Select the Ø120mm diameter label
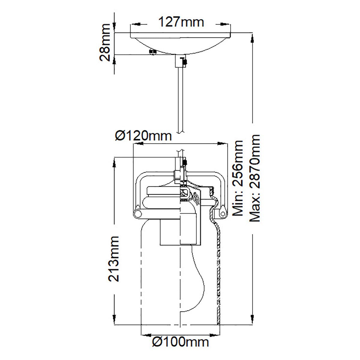point(143,136)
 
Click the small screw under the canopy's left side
point(153,52)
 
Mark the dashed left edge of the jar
point(141,270)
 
